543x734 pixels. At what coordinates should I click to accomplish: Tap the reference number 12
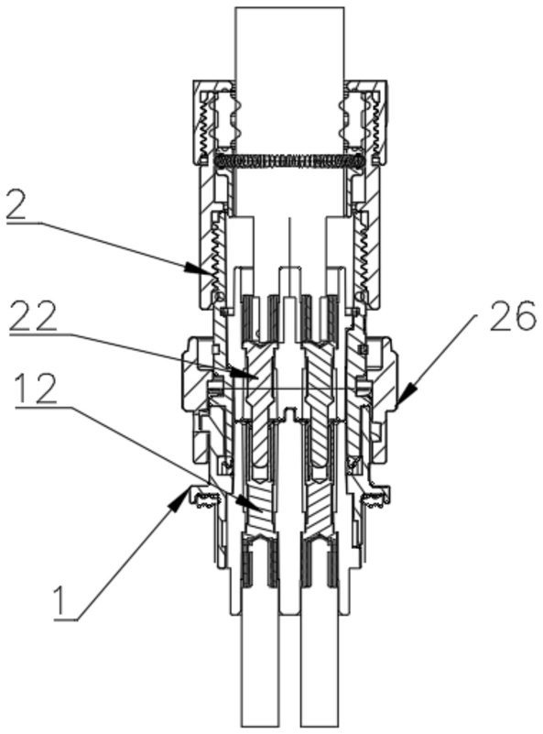[36, 389]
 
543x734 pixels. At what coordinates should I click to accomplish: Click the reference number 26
[512, 315]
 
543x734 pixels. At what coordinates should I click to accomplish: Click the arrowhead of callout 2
[196, 268]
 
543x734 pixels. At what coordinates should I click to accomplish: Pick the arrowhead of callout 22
[245, 374]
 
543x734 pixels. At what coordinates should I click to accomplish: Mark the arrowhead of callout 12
[248, 504]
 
